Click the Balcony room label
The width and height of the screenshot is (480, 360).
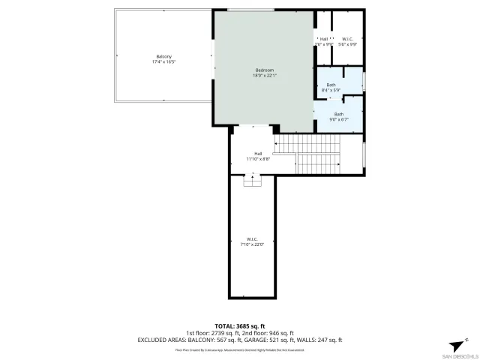coord(164,57)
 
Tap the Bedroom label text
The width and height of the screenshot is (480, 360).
coord(263,70)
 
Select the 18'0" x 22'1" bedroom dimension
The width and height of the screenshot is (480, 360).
coord(263,75)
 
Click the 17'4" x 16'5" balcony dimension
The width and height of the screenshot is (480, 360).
coord(164,62)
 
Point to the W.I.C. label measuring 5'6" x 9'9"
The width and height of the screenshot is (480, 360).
coord(348,39)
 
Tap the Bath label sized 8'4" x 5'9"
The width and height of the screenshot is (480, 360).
coord(331,85)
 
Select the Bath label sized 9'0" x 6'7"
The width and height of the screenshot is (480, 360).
coord(339,114)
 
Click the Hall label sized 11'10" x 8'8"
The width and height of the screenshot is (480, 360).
coord(258,154)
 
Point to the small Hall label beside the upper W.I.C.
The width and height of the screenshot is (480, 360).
coord(324,39)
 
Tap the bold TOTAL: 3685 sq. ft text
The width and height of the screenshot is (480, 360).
coord(240,326)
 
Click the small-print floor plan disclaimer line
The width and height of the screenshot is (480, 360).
coord(240,349)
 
